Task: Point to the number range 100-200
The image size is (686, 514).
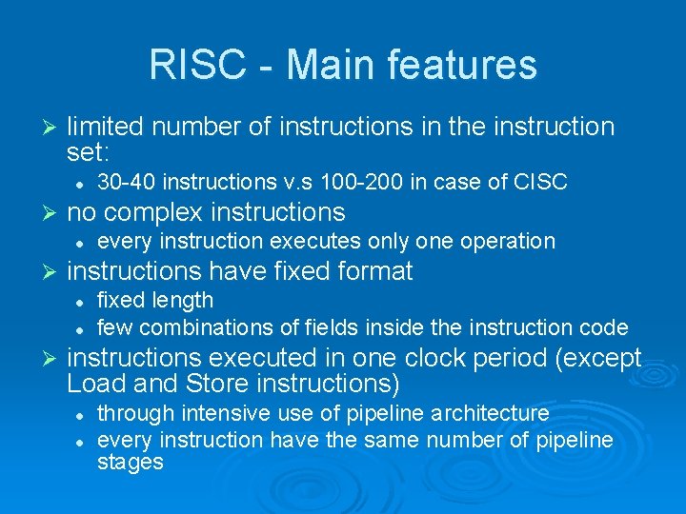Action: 363,181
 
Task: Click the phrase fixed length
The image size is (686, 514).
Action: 155,300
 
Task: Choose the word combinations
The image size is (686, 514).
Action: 200,328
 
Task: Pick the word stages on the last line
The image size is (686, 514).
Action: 131,463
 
